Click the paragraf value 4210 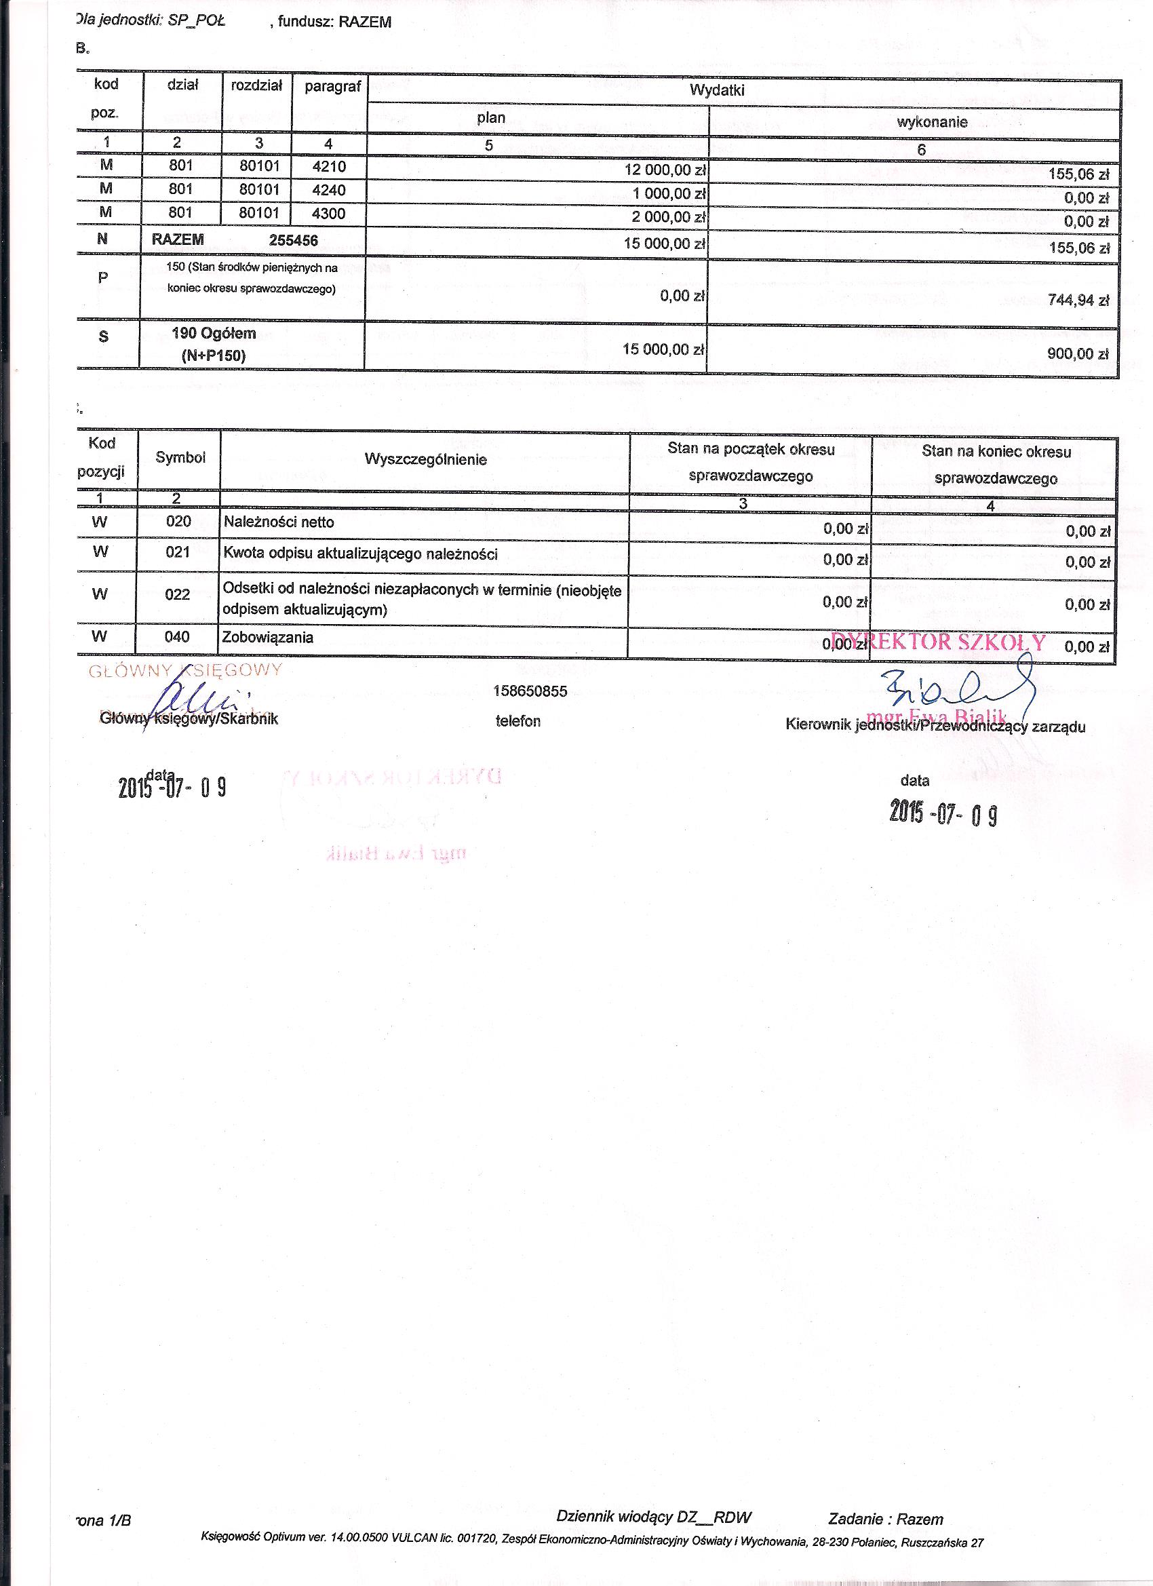(329, 167)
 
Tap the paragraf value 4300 (329, 213)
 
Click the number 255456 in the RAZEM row (294, 241)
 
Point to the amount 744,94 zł (1078, 301)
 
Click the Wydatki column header (717, 90)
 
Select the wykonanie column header (932, 122)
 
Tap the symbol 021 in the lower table (178, 552)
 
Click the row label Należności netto (279, 522)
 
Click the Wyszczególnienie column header (425, 459)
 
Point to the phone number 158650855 (530, 691)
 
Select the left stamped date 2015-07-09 (172, 787)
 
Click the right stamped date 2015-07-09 (943, 813)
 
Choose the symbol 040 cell (178, 636)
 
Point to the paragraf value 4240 (329, 190)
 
